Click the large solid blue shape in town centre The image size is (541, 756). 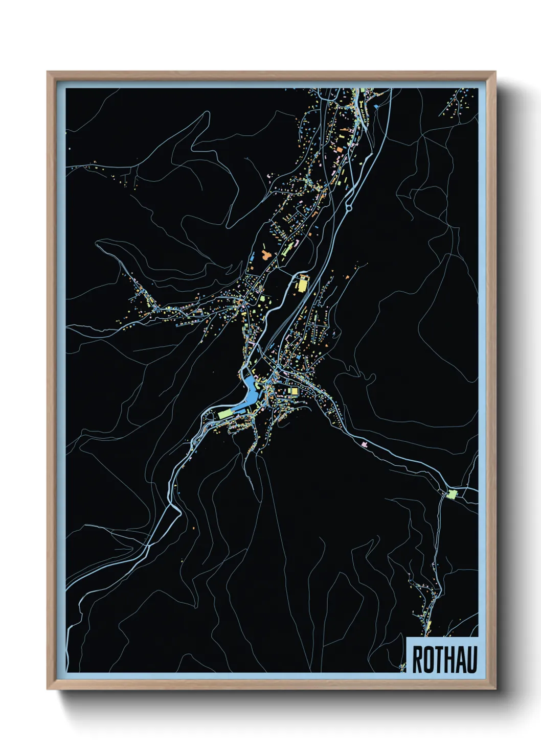click(x=250, y=391)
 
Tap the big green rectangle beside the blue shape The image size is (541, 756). click(x=225, y=413)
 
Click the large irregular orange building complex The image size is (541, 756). click(x=266, y=254)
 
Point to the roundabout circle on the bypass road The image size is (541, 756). click(x=349, y=207)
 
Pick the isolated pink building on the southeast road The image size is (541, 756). click(x=364, y=444)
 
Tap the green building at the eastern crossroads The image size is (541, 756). click(x=452, y=494)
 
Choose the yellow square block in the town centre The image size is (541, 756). click(x=294, y=391)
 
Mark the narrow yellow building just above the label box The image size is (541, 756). click(x=429, y=628)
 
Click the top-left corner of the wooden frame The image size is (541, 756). click(x=48, y=72)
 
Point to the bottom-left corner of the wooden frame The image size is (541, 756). click(x=48, y=689)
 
